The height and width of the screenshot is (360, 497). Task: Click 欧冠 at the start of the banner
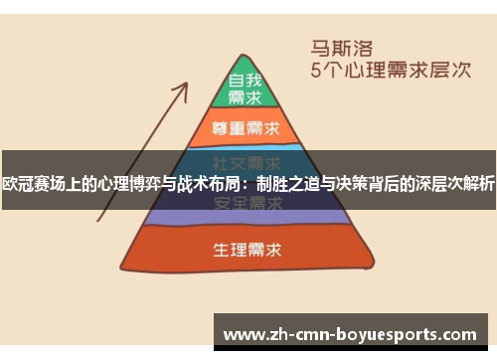[x=20, y=182]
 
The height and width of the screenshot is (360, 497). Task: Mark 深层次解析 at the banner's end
[x=453, y=182]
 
